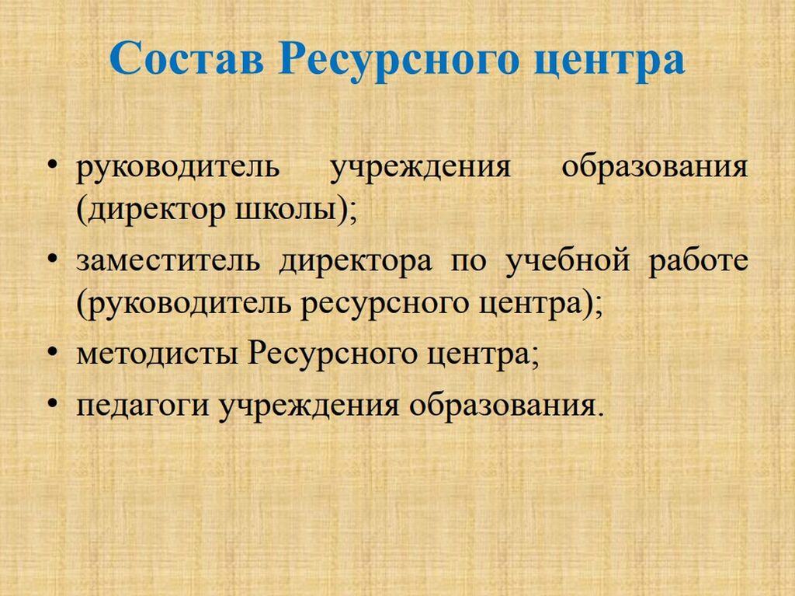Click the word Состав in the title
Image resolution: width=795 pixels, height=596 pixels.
click(x=187, y=58)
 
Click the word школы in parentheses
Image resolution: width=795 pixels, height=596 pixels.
click(x=286, y=210)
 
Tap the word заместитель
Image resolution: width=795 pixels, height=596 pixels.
click(x=168, y=260)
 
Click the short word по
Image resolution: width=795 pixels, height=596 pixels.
click(x=468, y=261)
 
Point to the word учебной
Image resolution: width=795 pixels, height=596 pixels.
click(x=568, y=260)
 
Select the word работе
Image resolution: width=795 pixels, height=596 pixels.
click(x=699, y=260)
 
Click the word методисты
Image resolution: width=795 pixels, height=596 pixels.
click(x=157, y=354)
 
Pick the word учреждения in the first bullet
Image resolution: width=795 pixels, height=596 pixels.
click(x=421, y=169)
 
